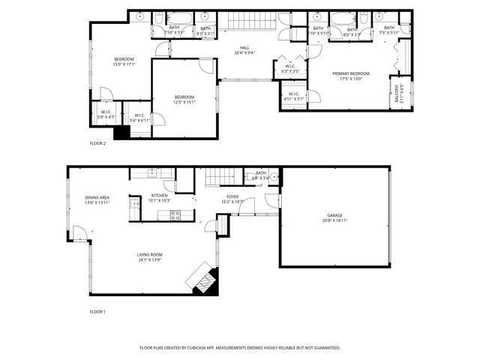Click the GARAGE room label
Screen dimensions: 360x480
(334, 215)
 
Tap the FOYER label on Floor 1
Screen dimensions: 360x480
(232, 196)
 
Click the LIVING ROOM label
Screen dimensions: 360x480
(150, 255)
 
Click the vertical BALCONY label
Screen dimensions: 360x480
(397, 94)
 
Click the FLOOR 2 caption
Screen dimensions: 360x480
(97, 142)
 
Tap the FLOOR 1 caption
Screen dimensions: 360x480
(97, 310)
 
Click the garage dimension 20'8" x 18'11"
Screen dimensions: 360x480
(334, 220)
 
